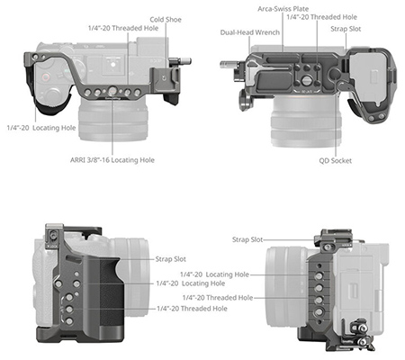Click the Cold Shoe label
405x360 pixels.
click(166, 20)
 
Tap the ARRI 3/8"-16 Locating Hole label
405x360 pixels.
click(112, 160)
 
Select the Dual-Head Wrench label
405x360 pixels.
click(250, 32)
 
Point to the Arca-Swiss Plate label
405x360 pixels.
click(283, 9)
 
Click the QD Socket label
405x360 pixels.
click(336, 161)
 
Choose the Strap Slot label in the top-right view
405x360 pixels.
click(346, 29)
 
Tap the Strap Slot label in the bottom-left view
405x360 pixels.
click(171, 259)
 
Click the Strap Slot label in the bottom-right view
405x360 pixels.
click(247, 239)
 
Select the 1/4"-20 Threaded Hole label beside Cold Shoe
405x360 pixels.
click(123, 28)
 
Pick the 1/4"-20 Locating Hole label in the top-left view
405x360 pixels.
click(41, 128)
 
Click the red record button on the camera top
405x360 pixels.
click(45, 77)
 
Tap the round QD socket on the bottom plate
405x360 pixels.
click(335, 74)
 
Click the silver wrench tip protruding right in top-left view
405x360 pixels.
click(184, 61)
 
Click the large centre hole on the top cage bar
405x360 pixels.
click(112, 91)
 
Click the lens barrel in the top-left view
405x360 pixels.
click(113, 120)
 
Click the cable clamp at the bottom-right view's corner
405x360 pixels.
click(361, 334)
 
